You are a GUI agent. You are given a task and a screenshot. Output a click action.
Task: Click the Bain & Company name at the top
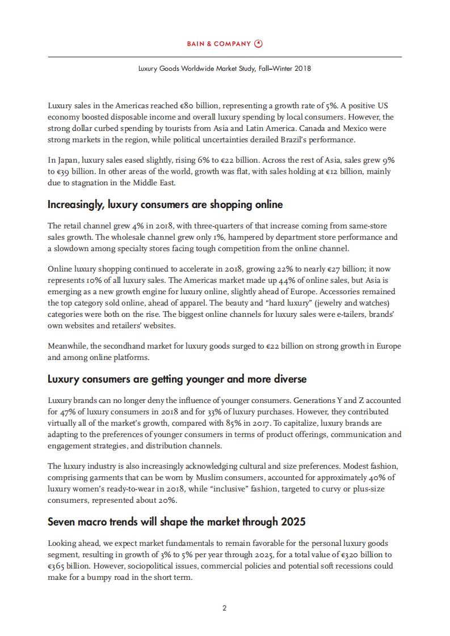point(219,44)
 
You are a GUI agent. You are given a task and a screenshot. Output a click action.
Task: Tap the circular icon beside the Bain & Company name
point(259,44)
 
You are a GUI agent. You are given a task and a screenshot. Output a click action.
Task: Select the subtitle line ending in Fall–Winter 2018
point(225,68)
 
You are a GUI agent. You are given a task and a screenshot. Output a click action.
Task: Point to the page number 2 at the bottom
point(225,608)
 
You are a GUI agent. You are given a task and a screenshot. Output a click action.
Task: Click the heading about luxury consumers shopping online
point(165,204)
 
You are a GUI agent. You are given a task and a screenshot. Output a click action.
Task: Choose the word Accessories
point(352,291)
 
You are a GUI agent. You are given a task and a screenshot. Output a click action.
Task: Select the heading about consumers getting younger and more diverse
point(177,379)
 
